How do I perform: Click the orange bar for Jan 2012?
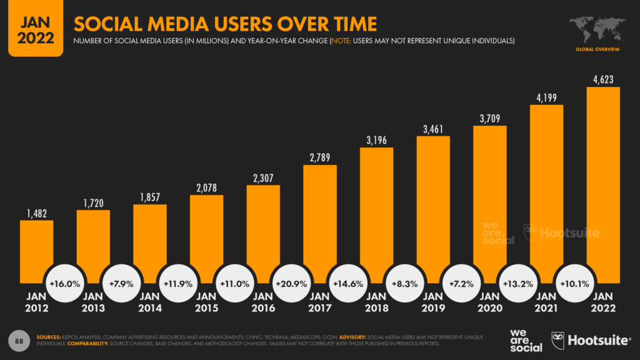point(36,250)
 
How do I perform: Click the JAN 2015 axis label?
point(206,302)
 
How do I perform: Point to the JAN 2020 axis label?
point(489,302)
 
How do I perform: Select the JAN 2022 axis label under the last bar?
point(603,302)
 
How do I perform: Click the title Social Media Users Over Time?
point(225,24)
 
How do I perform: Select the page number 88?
point(19,340)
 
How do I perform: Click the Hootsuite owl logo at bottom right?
point(557,340)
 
